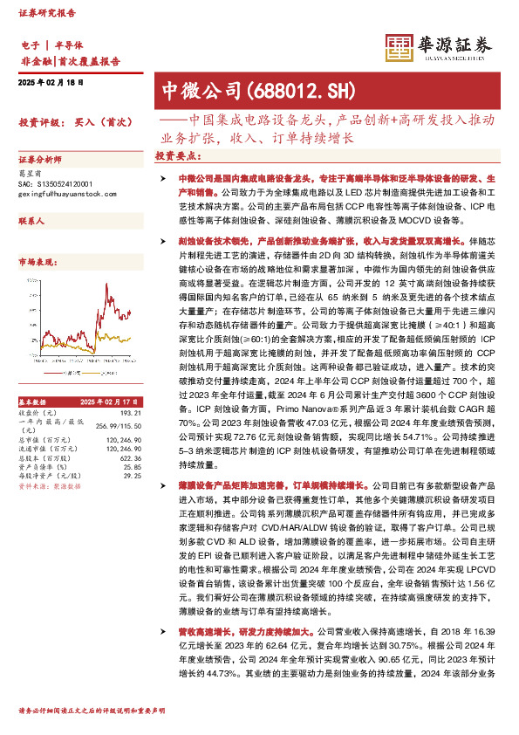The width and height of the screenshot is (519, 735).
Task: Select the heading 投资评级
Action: (38, 123)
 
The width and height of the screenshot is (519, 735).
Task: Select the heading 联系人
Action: (31, 222)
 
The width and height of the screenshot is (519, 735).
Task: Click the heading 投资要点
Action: (176, 155)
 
